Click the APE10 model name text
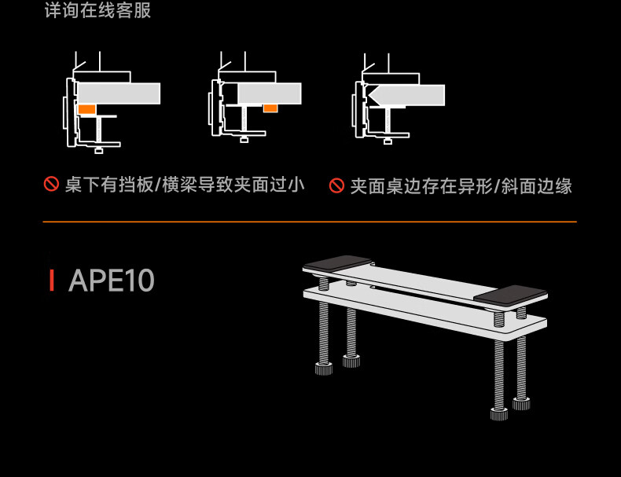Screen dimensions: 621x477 pos(112,281)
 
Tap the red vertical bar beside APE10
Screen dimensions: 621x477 pos(51,281)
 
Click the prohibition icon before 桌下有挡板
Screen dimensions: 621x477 pos(51,184)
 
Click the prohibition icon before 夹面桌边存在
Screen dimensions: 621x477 pos(336,185)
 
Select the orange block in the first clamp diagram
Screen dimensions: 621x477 pos(86,109)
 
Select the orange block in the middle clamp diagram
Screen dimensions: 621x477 pos(270,108)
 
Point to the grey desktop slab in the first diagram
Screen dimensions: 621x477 pos(119,94)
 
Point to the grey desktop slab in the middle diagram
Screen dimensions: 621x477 pos(270,94)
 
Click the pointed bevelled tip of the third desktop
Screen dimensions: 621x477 pos(369,95)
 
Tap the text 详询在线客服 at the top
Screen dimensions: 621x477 pos(97,10)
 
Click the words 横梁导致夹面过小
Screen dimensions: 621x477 pos(233,185)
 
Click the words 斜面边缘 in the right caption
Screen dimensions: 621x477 pos(537,186)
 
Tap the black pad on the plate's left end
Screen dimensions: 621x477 pos(338,262)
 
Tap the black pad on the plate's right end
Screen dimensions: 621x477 pos(511,295)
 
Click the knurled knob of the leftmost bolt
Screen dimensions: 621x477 pos(324,369)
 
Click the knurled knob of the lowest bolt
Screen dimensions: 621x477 pos(499,414)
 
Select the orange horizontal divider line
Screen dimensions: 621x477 pos(310,222)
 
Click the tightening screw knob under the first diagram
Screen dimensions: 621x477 pos(99,150)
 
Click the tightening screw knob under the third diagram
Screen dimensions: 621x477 pos(388,141)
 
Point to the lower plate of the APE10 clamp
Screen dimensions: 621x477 pos(425,313)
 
